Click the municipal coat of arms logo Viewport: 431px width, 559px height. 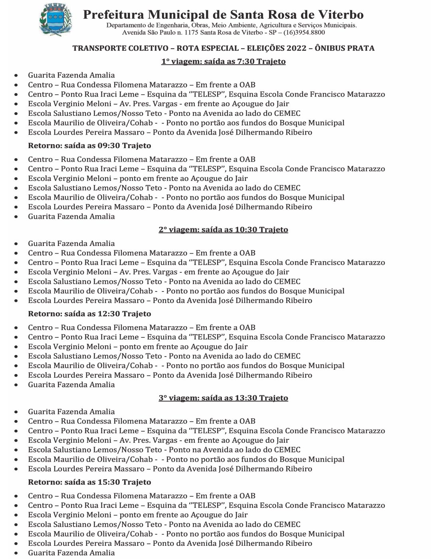[55, 19]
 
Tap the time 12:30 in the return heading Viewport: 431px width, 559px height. [109, 314]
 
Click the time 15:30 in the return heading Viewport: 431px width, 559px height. [109, 482]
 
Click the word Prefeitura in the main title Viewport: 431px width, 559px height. [113, 15]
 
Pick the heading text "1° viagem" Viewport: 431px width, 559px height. [180, 61]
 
